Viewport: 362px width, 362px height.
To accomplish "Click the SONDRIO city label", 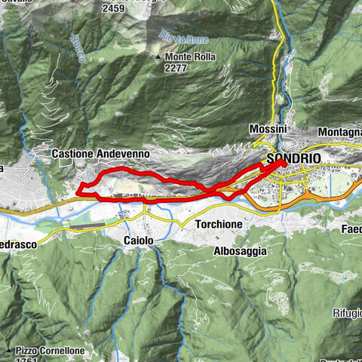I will click(x=293, y=158).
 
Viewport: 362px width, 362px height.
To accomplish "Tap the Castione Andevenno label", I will click(x=100, y=153).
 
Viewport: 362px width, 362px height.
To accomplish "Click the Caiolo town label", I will click(x=139, y=241).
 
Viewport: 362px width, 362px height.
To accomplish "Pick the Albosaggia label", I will click(x=240, y=250).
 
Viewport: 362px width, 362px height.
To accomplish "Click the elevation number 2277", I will click(x=176, y=67).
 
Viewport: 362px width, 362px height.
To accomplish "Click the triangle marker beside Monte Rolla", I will click(x=158, y=57).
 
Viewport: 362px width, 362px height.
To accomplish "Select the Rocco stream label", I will click(x=77, y=45).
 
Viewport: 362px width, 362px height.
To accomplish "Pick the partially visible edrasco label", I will click(x=18, y=245).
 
